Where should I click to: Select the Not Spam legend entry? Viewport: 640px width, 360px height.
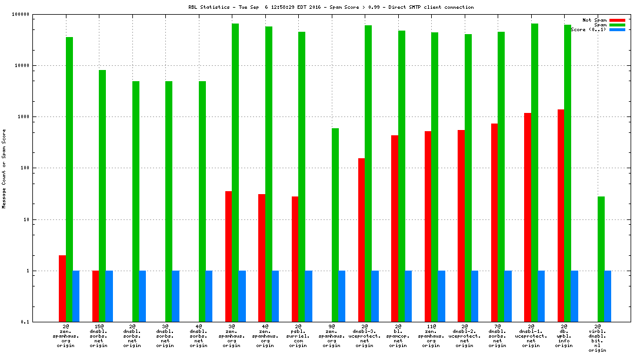click(x=594, y=20)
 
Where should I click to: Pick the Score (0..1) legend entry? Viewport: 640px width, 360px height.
click(x=588, y=29)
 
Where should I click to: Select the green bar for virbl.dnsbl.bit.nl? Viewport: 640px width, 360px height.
click(x=601, y=259)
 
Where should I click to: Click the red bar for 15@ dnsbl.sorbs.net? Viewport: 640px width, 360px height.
click(x=95, y=296)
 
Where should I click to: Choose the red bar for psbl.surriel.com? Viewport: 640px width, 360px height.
click(x=295, y=259)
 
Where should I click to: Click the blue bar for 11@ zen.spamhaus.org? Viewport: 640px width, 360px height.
click(x=441, y=296)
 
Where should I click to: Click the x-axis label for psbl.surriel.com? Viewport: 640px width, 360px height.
click(x=298, y=336)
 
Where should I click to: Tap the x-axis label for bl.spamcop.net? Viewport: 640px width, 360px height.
click(x=398, y=336)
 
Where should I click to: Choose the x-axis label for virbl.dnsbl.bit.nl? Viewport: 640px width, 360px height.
click(x=598, y=338)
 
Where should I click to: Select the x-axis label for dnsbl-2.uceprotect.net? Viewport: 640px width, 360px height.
click(x=465, y=336)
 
